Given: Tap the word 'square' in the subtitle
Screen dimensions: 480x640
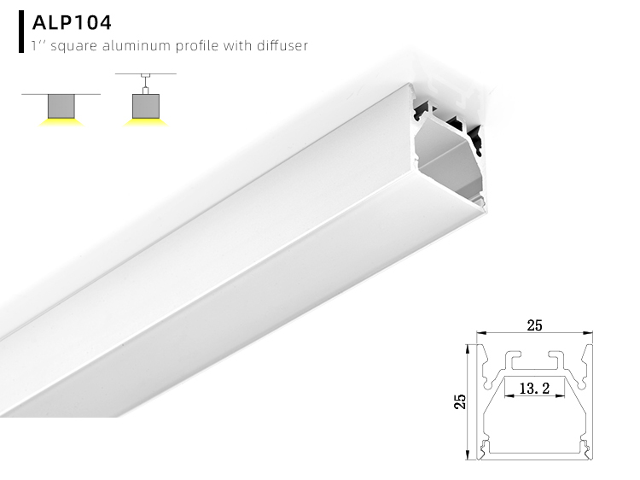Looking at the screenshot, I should tap(73, 45).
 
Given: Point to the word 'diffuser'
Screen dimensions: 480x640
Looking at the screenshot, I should tap(279, 45).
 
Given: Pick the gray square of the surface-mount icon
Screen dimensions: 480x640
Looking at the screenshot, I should tap(62, 106).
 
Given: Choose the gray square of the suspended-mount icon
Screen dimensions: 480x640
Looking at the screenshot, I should tap(147, 106).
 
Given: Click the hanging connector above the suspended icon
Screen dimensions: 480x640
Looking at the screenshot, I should tap(147, 84).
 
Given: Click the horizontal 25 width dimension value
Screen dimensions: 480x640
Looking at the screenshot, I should tap(534, 325).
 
